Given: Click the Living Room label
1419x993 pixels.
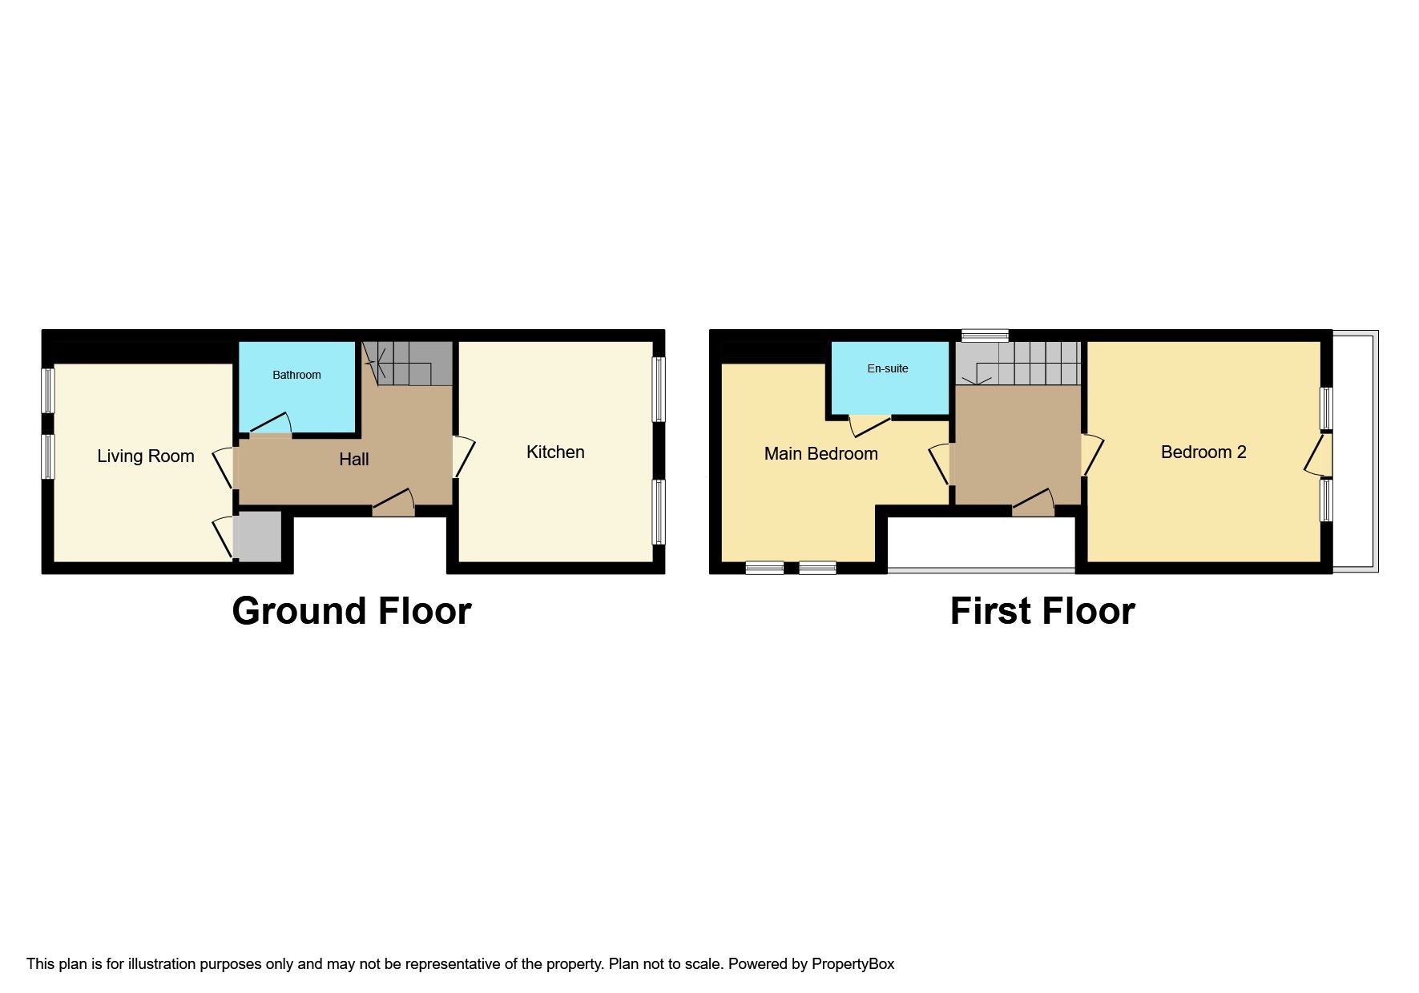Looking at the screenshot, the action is click(x=146, y=456).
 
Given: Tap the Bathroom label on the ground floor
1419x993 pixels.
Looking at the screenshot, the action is click(x=296, y=375).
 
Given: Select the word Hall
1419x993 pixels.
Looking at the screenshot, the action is click(x=354, y=459).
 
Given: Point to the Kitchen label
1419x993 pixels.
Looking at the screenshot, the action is click(x=555, y=452).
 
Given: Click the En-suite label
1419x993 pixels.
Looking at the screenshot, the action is click(x=888, y=368).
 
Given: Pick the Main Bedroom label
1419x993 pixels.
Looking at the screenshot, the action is click(x=821, y=454).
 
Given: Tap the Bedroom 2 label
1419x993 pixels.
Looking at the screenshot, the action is click(x=1203, y=452).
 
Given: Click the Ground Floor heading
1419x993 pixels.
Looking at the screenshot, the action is click(x=352, y=611).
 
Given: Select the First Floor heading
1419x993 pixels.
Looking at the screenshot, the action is click(x=1042, y=611).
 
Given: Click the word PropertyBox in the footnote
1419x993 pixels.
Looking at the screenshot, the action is click(x=853, y=964).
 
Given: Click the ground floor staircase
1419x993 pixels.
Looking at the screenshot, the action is click(x=408, y=364).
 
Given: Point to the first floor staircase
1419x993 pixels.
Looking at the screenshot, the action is click(x=1018, y=363).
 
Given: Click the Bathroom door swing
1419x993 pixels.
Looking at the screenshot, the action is click(x=271, y=424).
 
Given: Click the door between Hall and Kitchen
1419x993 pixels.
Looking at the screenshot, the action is click(x=464, y=457).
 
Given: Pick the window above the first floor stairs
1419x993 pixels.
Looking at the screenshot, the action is click(x=986, y=336).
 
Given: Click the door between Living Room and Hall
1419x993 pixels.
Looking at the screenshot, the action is click(x=225, y=468).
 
